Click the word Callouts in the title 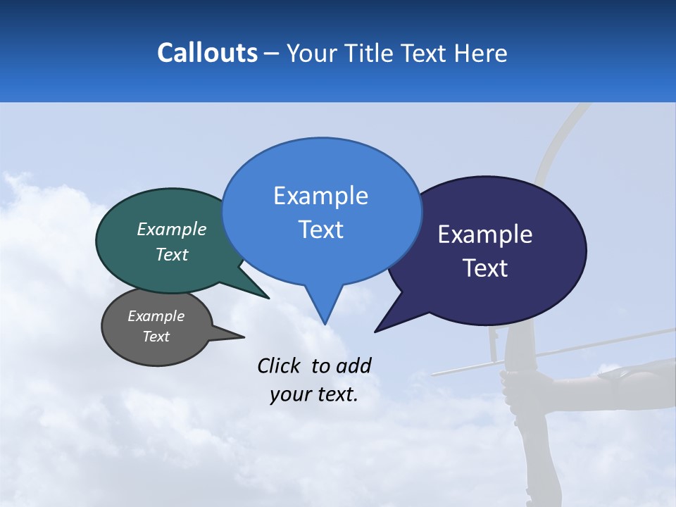[207, 53]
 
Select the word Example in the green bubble [172, 229]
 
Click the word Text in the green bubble [172, 254]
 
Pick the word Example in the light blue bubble [320, 196]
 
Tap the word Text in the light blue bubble [320, 230]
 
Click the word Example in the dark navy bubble [485, 234]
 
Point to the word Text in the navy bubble [485, 268]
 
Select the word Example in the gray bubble [156, 316]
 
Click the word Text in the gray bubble [156, 337]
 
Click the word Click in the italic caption [280, 365]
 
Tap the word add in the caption [353, 365]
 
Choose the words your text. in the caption [314, 394]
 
